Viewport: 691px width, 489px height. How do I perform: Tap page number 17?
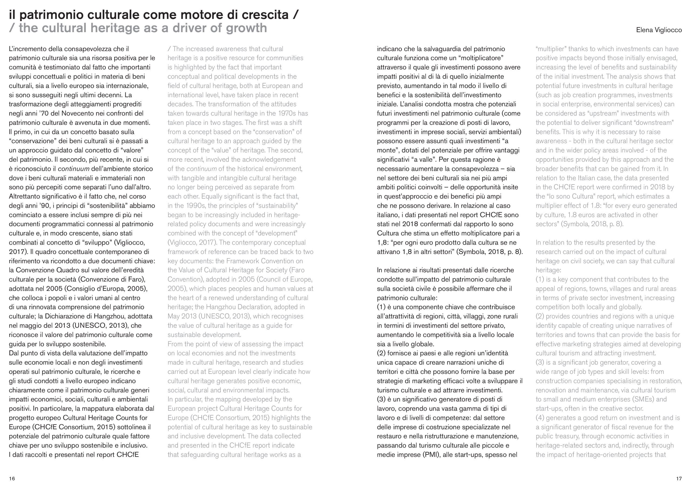coord(679,478)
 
